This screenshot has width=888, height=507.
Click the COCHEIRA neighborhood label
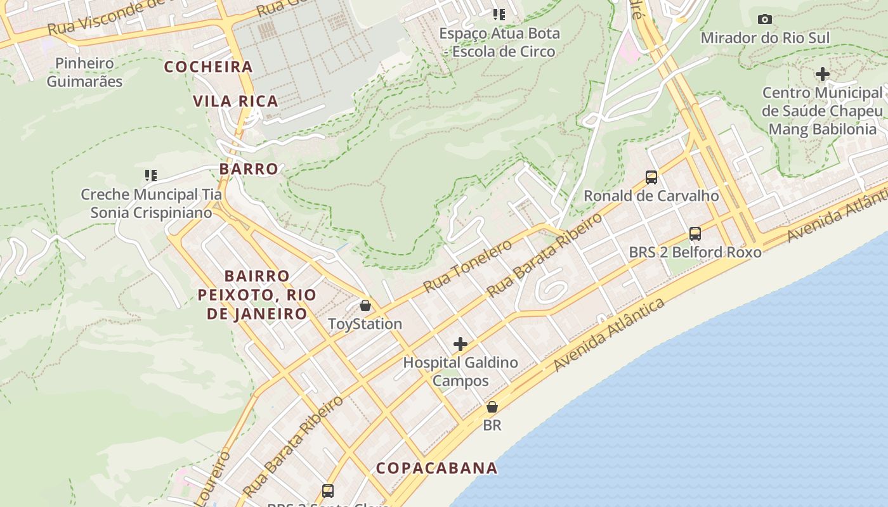coord(209,67)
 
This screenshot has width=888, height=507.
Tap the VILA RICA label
coord(235,101)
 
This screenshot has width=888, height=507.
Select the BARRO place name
coord(249,169)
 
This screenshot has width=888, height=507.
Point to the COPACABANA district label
coord(436,468)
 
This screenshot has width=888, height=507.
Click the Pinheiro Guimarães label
coord(84,72)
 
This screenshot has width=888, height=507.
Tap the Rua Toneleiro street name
coord(467,266)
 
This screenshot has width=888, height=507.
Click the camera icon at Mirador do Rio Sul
coord(765,19)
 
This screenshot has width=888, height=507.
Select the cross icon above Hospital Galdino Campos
coord(460,344)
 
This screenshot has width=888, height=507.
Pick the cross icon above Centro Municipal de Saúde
coord(822,74)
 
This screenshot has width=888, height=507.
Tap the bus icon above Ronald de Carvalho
coord(651,177)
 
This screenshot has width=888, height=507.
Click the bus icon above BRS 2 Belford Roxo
coord(695,233)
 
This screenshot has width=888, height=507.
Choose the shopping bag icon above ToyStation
coord(365,305)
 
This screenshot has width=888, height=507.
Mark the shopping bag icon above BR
coord(492,407)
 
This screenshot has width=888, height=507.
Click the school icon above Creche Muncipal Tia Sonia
coord(151,175)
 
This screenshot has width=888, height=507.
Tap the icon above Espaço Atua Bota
coord(499,13)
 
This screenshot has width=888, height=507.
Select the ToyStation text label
coord(365,324)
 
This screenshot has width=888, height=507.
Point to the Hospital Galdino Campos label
coord(460,372)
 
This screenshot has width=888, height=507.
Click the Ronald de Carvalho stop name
coord(651,196)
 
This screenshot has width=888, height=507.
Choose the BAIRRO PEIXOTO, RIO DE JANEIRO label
coord(256,295)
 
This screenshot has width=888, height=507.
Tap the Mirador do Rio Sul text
coord(765,38)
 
